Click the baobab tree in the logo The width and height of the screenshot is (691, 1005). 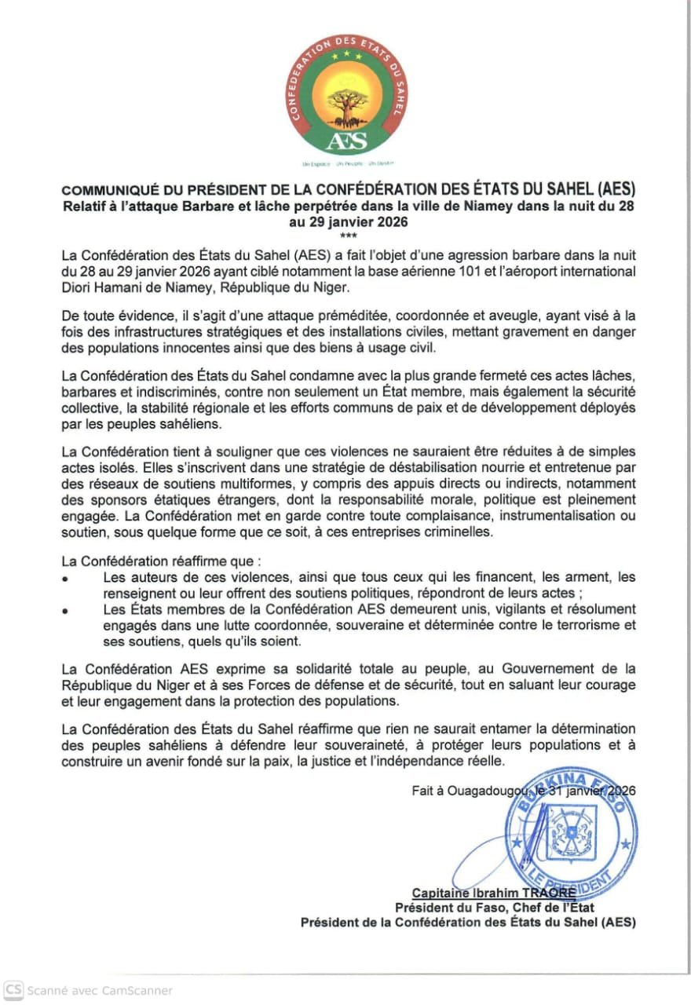[345, 106]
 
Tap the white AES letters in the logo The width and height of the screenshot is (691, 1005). [345, 141]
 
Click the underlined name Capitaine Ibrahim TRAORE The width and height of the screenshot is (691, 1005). [494, 893]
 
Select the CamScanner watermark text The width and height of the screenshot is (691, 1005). [100, 991]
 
